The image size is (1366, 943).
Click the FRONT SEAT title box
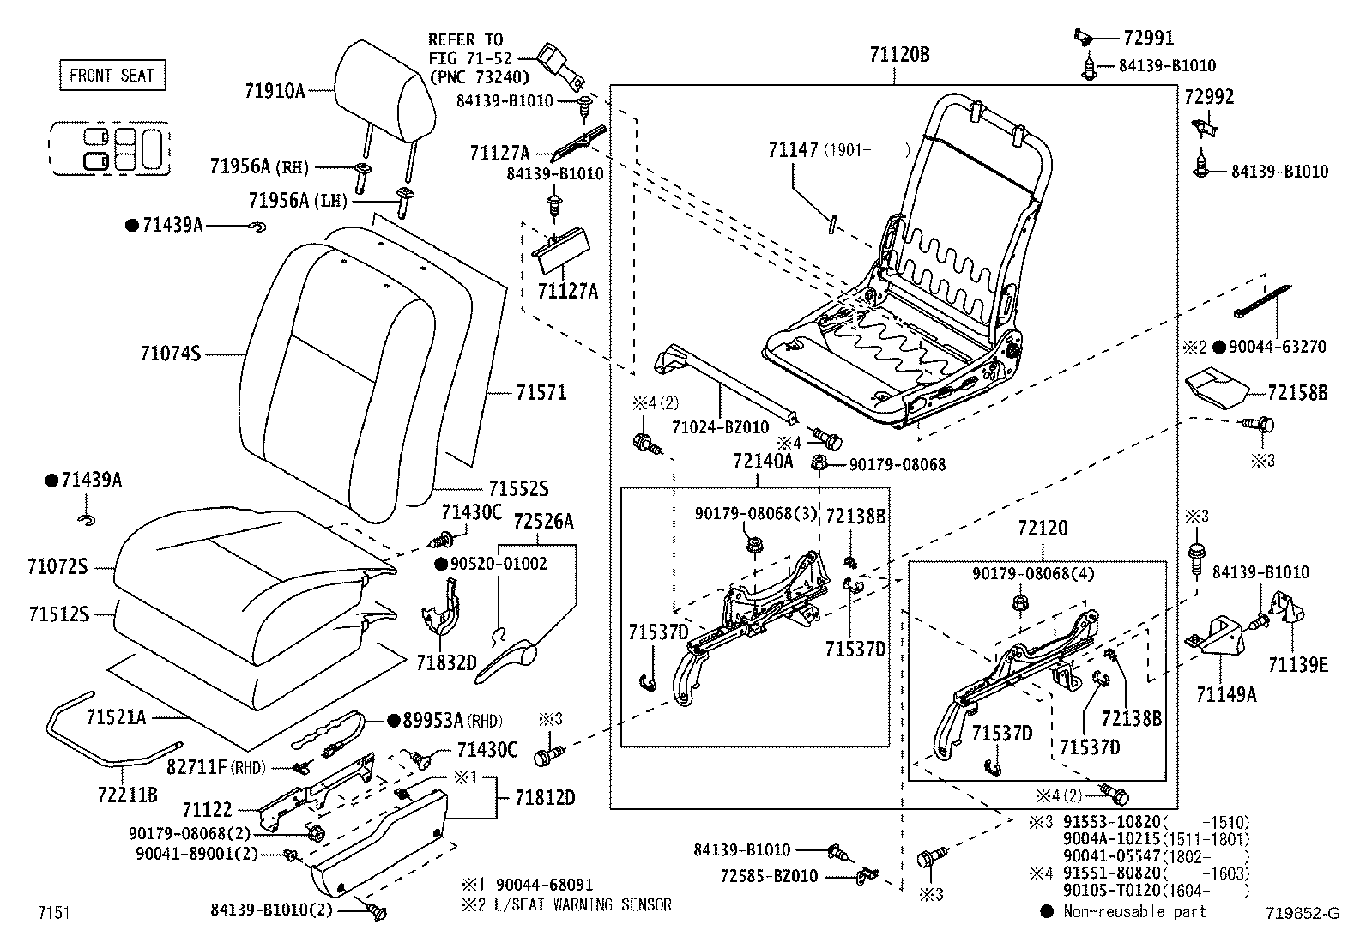112,75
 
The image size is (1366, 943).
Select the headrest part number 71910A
275,91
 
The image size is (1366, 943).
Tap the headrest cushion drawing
384,93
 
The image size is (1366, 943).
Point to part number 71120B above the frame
899,55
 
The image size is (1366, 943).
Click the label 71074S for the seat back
170,354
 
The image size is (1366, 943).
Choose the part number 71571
541,392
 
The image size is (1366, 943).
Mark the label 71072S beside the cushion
57,566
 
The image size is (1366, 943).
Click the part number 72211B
128,795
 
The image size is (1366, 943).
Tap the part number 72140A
763,461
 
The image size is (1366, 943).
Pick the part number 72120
1043,528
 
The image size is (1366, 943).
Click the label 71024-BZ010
720,427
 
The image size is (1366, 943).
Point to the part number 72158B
1297,392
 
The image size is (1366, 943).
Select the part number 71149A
1226,694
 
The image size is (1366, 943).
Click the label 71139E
1298,664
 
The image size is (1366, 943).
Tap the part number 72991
1149,38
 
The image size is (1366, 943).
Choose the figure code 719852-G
1303,913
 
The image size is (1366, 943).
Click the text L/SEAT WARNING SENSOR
583,904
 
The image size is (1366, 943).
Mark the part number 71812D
545,797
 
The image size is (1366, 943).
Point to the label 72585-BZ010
769,876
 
